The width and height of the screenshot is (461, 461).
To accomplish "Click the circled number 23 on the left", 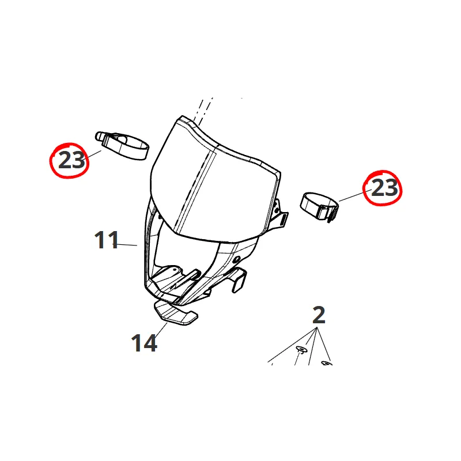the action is pos(71,160).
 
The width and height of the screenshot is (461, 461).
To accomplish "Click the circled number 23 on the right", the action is pos(384,188).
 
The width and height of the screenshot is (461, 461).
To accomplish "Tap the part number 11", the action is pos(106,240).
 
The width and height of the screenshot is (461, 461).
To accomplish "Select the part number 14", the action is pos(143,343).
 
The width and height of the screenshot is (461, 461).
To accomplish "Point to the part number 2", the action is pos(319,315).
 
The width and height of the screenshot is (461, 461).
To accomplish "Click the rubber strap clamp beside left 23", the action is pos(123,146).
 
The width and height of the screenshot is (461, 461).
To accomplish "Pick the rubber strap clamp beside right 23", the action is pos(320,207).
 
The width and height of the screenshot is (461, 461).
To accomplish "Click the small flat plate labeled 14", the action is pos(176,313).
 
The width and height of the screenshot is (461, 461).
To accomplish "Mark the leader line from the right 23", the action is pos(355,195).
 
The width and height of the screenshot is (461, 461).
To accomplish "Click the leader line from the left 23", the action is pos(93,155).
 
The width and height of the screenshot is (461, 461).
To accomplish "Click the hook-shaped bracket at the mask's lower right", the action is pos(237,279).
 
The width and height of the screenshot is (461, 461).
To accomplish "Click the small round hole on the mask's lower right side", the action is pos(236,260).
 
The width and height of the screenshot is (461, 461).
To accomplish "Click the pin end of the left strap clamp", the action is pos(99,136).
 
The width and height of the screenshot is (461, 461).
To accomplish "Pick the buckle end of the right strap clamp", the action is pos(330,212).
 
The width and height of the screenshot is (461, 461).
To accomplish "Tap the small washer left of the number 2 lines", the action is pos(301,349).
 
